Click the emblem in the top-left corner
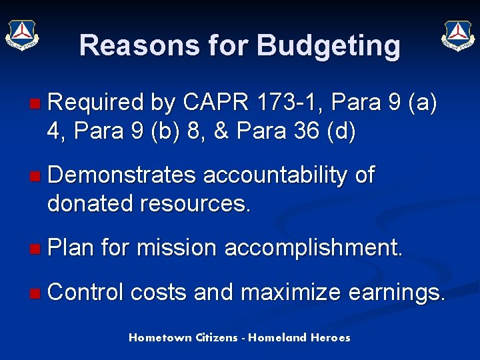click(x=23, y=33)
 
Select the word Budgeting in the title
click(x=329, y=45)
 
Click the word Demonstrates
click(x=122, y=175)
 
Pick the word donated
click(x=90, y=204)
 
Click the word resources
click(x=195, y=204)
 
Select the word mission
click(x=177, y=248)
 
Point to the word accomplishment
click(x=313, y=248)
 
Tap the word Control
click(x=86, y=292)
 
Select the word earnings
click(x=398, y=292)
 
